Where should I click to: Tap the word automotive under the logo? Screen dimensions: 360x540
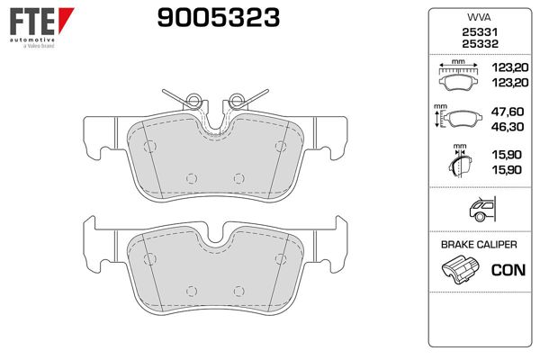pos(31,41)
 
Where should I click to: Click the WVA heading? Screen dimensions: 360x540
pos(478,16)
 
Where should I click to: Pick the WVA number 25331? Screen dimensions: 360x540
pos(478,31)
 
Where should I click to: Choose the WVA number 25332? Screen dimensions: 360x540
pos(478,43)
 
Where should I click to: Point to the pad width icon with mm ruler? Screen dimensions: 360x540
pos(459,76)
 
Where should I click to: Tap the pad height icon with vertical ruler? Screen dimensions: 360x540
pos(457,120)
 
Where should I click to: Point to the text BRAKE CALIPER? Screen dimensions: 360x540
pos(478,245)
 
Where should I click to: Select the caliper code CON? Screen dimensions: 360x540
pos(508,269)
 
